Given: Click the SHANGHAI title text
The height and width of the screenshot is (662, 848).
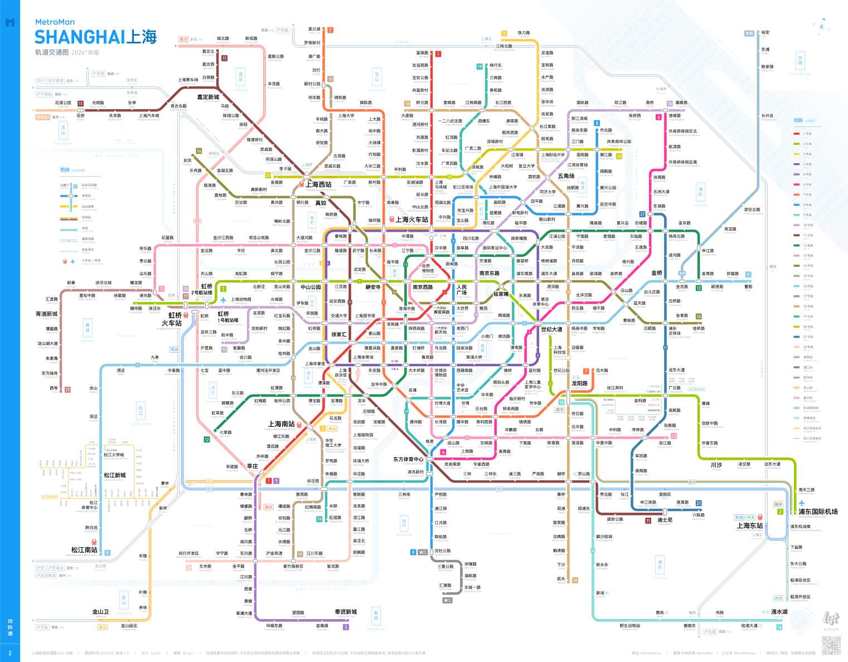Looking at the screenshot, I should tap(80, 37).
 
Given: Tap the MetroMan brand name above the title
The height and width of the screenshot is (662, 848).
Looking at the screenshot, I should tap(55, 22).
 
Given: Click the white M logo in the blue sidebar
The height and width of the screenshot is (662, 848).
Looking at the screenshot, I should tap(9, 23).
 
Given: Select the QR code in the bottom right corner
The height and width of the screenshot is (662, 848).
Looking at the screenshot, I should tap(831, 645).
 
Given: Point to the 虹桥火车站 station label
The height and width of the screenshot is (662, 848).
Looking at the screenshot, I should tap(172, 319).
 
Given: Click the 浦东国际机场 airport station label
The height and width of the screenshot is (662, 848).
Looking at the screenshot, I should tap(818, 512).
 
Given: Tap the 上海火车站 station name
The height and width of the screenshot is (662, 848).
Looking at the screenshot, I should tap(412, 220).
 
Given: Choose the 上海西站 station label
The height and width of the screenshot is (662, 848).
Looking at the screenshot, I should tap(318, 184).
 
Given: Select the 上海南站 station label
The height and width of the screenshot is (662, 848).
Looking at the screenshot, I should tap(282, 424).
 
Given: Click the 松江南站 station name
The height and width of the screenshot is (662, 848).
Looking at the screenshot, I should tap(84, 550).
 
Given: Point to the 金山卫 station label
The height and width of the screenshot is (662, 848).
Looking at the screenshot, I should tap(100, 612).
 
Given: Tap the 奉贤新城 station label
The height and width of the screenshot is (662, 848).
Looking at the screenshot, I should tap(346, 612).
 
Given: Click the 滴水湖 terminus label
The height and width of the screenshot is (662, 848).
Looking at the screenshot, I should tap(779, 612).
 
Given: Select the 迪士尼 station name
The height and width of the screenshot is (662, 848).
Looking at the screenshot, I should tap(665, 520).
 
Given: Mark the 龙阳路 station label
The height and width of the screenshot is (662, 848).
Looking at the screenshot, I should tap(579, 383).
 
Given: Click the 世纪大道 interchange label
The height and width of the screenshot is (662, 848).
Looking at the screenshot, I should tap(551, 329).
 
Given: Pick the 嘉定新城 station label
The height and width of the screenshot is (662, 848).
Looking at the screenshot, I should tap(208, 97).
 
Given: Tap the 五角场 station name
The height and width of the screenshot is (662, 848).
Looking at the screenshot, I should tap(566, 176).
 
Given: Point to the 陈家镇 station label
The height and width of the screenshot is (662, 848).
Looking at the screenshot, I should tap(767, 67).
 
